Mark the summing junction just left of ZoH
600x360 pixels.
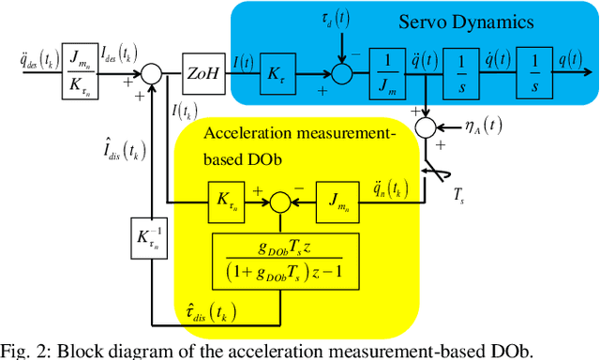click(151, 70)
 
